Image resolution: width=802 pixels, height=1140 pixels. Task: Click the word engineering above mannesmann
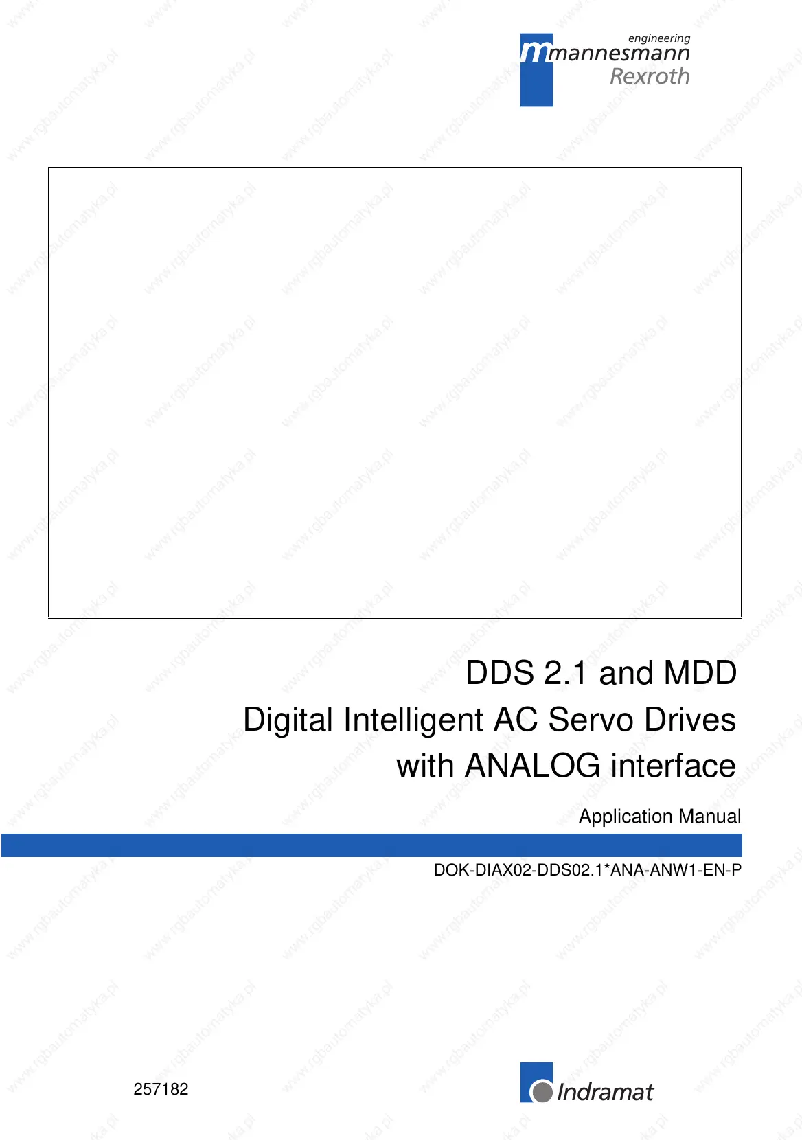(659, 38)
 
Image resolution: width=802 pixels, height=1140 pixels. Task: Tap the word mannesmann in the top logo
(618, 54)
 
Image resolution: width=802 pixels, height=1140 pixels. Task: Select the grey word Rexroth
(650, 76)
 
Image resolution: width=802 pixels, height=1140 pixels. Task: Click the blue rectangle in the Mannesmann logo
(536, 70)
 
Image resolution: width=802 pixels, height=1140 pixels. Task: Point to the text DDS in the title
(500, 673)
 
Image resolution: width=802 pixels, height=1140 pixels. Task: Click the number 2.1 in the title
(566, 673)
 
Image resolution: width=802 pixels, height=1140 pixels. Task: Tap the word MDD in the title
(700, 673)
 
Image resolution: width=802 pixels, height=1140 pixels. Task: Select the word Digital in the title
(288, 720)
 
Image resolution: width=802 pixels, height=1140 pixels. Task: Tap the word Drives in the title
(690, 720)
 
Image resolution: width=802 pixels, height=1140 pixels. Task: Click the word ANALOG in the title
(532, 766)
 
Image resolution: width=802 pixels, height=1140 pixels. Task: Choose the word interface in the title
(673, 766)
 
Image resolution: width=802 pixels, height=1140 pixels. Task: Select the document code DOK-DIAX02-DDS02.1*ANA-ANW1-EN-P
(588, 869)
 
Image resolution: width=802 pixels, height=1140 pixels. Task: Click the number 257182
(161, 1089)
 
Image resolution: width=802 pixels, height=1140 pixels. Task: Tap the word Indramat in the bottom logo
(605, 1092)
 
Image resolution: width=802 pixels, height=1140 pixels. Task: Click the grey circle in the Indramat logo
(542, 1092)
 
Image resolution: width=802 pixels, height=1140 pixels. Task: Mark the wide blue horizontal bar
(371, 845)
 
